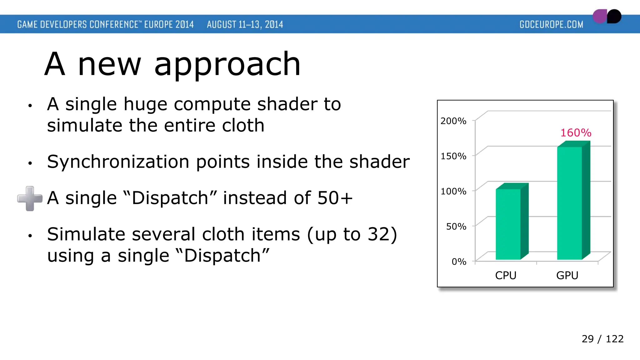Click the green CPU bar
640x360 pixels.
click(x=508, y=224)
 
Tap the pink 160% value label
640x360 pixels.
click(x=576, y=133)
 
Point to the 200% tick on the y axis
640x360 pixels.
click(x=453, y=121)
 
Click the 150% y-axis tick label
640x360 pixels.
click(x=453, y=156)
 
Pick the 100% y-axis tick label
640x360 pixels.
click(x=453, y=191)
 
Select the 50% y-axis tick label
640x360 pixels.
click(x=456, y=226)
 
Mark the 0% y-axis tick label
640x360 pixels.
click(x=459, y=262)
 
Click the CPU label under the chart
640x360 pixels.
click(x=506, y=275)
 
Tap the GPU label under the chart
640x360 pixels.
click(x=567, y=275)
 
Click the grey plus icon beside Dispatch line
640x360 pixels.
click(x=30, y=198)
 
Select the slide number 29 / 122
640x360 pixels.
click(x=602, y=339)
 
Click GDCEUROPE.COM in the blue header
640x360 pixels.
click(x=551, y=24)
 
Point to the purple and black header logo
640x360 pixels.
click(x=607, y=16)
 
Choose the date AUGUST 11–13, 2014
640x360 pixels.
click(x=245, y=24)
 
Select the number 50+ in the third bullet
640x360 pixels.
click(x=335, y=198)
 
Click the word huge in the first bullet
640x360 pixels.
click(x=145, y=104)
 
